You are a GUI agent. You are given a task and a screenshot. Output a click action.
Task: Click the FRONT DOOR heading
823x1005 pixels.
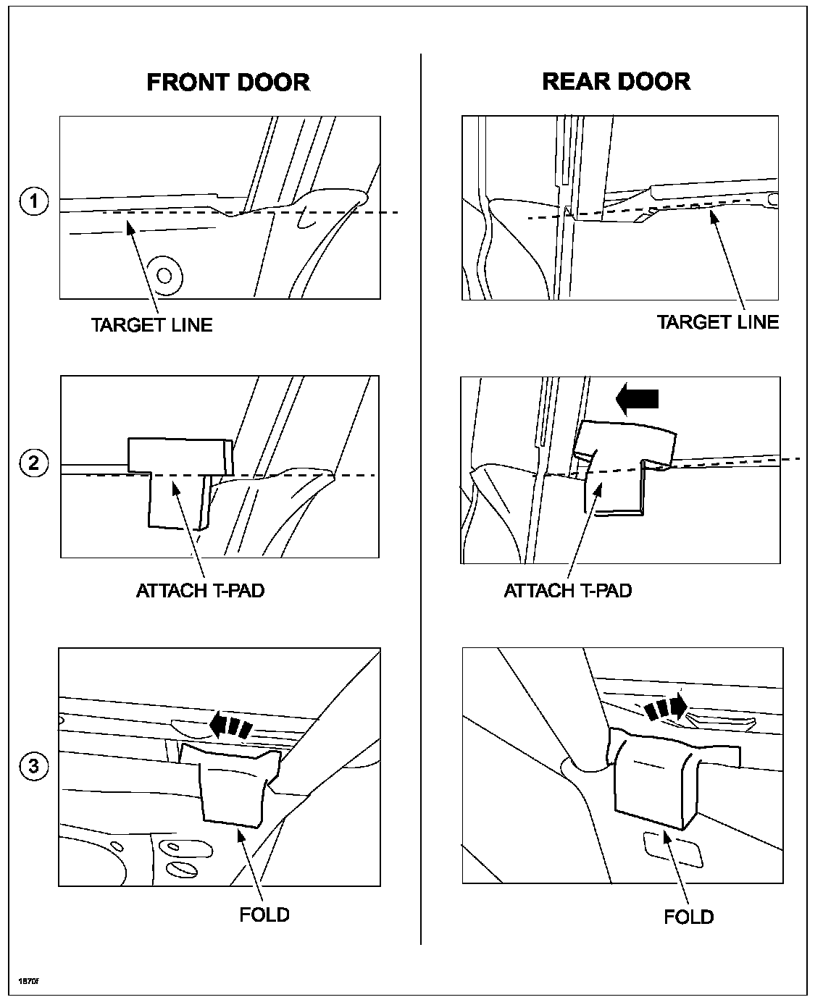pyautogui.click(x=228, y=82)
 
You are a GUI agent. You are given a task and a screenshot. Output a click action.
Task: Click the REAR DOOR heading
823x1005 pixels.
pyautogui.click(x=616, y=81)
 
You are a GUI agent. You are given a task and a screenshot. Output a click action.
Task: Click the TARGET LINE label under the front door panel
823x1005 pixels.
pyautogui.click(x=152, y=324)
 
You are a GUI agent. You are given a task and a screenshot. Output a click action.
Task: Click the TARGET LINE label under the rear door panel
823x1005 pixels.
pyautogui.click(x=717, y=322)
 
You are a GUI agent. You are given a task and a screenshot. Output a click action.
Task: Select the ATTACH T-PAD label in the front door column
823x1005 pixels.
pyautogui.click(x=201, y=590)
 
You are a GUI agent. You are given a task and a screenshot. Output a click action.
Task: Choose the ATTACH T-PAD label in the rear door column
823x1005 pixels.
pyautogui.click(x=568, y=590)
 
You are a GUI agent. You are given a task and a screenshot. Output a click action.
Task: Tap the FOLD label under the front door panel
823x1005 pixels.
pyautogui.click(x=264, y=914)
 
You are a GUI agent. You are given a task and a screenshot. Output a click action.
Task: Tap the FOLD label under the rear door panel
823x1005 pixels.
pyautogui.click(x=688, y=917)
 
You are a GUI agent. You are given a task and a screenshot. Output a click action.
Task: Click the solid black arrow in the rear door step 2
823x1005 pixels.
pyautogui.click(x=637, y=398)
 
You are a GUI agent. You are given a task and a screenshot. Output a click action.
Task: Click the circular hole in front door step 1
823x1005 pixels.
pyautogui.click(x=164, y=275)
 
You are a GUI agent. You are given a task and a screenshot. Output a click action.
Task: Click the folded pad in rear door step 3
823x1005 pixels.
pyautogui.click(x=652, y=778)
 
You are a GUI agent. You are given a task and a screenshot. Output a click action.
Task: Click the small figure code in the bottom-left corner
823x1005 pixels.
pyautogui.click(x=28, y=980)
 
